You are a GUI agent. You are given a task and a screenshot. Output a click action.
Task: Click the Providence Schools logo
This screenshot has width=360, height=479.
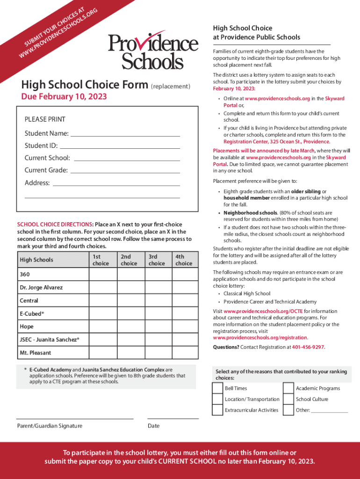(x=153, y=51)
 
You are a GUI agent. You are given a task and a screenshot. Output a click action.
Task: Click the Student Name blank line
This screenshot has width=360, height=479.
(x=125, y=135)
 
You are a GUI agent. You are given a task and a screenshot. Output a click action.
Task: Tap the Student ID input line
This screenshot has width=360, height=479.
(x=122, y=147)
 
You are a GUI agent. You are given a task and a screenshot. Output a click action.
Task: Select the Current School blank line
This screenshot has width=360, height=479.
(x=127, y=160)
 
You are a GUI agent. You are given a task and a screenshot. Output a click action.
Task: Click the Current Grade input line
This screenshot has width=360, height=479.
(x=125, y=172)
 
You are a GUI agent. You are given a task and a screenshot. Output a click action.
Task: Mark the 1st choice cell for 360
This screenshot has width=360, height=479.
(x=103, y=275)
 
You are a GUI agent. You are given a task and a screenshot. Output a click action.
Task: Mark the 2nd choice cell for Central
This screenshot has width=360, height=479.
(x=131, y=301)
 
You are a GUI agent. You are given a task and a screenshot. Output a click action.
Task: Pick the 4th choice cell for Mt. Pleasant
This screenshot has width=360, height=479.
(x=185, y=353)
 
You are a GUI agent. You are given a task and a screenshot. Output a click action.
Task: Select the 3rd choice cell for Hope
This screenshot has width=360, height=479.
(x=158, y=327)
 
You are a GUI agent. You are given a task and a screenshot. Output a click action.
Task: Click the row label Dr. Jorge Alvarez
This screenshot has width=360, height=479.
(x=41, y=288)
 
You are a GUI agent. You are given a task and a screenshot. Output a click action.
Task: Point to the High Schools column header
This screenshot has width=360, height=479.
(x=36, y=260)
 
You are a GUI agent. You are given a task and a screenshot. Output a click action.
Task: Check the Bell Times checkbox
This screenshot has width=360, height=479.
(x=217, y=388)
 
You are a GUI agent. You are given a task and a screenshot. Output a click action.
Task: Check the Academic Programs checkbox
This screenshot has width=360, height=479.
(x=288, y=388)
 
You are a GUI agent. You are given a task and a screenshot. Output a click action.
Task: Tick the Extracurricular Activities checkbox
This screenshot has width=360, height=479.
(x=217, y=410)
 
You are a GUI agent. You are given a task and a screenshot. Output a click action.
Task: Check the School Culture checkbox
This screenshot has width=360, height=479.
(x=288, y=399)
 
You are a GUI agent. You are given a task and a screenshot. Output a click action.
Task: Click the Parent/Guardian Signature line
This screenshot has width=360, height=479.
(x=75, y=418)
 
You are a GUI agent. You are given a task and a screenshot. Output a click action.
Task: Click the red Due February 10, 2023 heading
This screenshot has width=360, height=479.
(x=64, y=97)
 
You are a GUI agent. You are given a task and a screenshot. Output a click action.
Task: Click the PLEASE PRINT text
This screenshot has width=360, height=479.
(x=45, y=119)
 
